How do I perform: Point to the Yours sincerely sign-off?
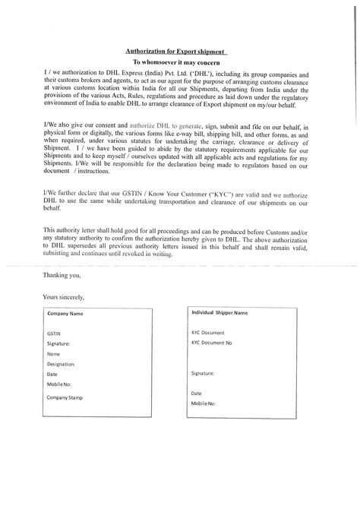[65, 296]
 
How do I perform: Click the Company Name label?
[65, 313]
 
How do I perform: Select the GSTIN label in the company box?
[54, 334]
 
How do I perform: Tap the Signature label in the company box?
[58, 343]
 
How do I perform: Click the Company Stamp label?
[67, 397]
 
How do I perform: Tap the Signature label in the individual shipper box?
[203, 374]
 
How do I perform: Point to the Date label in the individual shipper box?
[197, 393]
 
